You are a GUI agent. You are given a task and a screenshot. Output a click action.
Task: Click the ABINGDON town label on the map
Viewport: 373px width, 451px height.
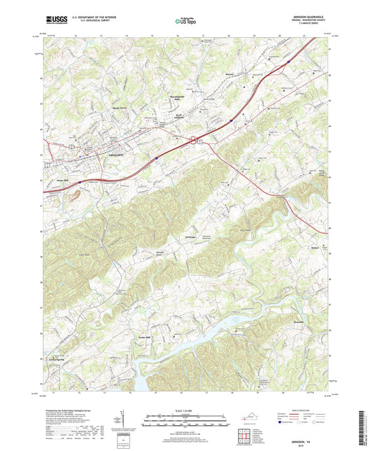(116, 153)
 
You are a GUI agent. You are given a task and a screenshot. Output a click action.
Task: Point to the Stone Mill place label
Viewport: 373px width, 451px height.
(81, 178)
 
